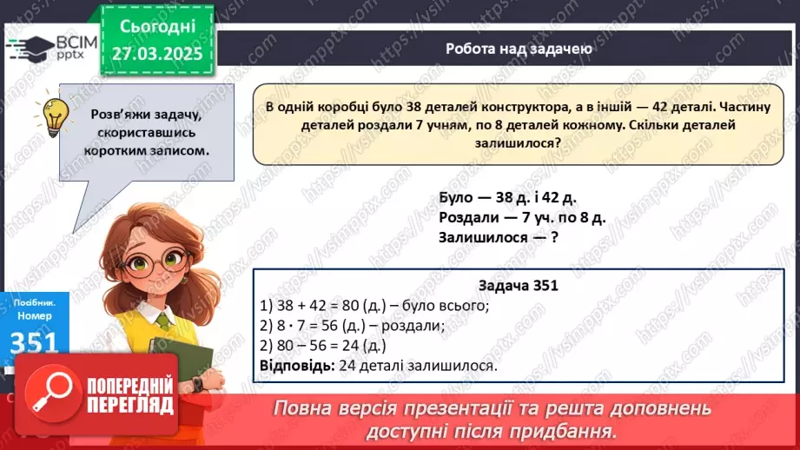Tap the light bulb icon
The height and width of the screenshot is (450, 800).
click(56, 114)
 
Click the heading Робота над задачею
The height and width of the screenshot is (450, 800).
click(518, 49)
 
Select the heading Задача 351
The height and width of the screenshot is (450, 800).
click(518, 286)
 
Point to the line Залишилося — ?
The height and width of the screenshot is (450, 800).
click(498, 236)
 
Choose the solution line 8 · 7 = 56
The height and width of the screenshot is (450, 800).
click(352, 326)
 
